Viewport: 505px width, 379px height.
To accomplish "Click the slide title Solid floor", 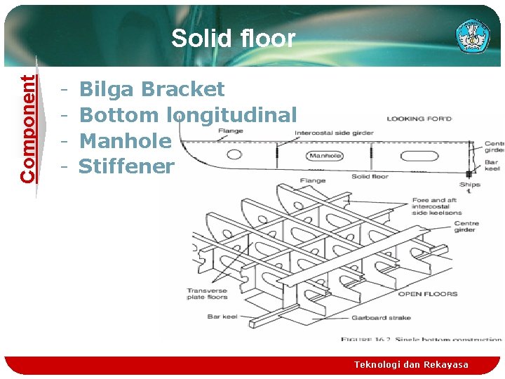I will point(233,39).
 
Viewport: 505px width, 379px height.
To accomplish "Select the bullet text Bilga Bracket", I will point(151,89).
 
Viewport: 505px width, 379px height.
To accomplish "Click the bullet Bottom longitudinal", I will point(188,114).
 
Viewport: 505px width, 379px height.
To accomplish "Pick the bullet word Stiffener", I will point(126,166).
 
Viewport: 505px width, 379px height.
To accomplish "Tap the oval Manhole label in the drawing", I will point(325,156).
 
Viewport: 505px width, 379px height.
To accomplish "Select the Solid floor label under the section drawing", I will point(370,176).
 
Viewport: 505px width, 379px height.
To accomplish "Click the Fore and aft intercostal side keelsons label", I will point(436,206).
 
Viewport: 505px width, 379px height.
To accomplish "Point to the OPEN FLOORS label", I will point(427,294).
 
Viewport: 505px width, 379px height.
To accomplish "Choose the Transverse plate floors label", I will point(207,294).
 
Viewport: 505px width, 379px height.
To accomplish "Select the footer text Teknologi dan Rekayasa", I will point(410,364).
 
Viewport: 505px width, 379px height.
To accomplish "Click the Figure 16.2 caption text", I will point(421,340).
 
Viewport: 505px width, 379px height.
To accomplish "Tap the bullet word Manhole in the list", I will point(125,140).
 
